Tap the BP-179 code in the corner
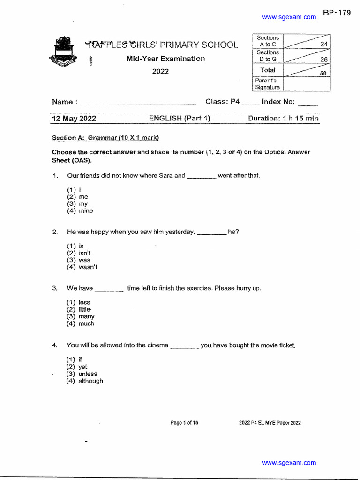(337, 13)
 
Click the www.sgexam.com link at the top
(289, 17)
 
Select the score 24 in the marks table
(323, 44)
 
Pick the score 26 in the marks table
(323, 60)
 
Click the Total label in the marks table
(268, 70)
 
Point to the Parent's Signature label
(267, 84)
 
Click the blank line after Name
(138, 102)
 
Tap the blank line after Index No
(307, 102)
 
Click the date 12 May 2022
(74, 119)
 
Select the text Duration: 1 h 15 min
(283, 119)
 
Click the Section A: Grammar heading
(105, 138)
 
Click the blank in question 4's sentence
(184, 346)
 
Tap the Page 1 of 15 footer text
(184, 423)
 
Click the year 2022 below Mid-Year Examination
(160, 72)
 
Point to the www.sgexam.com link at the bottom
(289, 463)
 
